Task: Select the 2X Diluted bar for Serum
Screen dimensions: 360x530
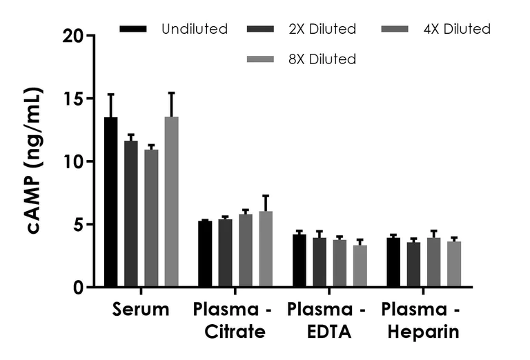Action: pyautogui.click(x=131, y=214)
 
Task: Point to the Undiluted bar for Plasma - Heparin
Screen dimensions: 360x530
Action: pyautogui.click(x=393, y=263)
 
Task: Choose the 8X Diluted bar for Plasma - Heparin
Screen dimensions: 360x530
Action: pyautogui.click(x=454, y=264)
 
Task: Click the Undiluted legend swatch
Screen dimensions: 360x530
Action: pyautogui.click(x=133, y=29)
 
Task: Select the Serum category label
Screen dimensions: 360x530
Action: pyautogui.click(x=141, y=310)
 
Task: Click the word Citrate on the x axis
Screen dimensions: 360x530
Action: pyautogui.click(x=235, y=332)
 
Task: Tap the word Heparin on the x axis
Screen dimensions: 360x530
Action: pyautogui.click(x=424, y=332)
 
